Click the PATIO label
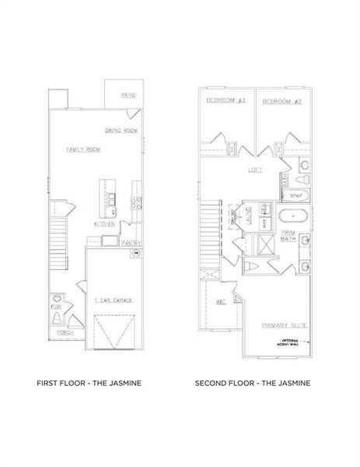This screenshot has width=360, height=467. (128, 95)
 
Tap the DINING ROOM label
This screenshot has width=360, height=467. (121, 130)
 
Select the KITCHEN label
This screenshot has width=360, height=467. (105, 223)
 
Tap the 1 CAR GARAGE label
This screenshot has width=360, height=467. (110, 300)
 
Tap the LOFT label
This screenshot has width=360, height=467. (254, 169)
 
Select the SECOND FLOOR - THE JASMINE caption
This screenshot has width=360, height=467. (253, 383)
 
